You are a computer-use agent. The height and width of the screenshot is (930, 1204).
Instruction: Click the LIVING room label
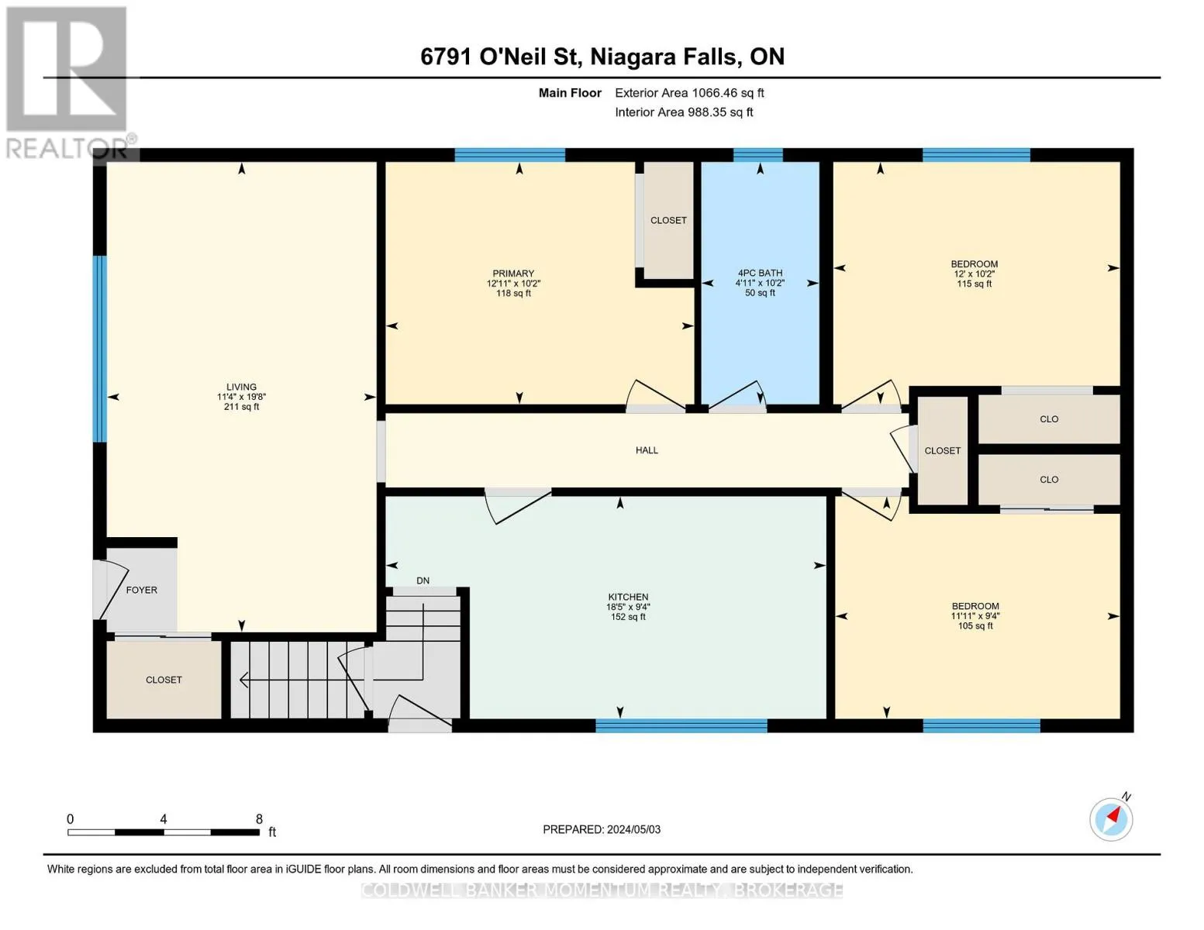pyautogui.click(x=241, y=387)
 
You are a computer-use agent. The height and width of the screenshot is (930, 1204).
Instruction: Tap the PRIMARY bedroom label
pyautogui.click(x=513, y=273)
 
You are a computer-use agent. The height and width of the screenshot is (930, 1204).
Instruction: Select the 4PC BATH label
pyautogui.click(x=760, y=273)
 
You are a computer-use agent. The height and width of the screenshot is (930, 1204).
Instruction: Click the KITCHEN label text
pyautogui.click(x=628, y=597)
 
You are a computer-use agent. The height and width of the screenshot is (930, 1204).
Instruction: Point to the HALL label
pyautogui.click(x=647, y=449)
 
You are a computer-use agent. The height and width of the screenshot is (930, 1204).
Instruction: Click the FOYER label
pyautogui.click(x=141, y=590)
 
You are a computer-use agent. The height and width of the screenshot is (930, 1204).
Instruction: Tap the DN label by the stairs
pyautogui.click(x=423, y=580)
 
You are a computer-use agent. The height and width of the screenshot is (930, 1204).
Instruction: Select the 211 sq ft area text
pyautogui.click(x=241, y=407)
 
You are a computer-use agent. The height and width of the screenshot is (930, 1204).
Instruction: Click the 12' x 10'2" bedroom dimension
pyautogui.click(x=974, y=274)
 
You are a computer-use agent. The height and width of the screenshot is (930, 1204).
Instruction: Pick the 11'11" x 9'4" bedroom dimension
pyautogui.click(x=975, y=615)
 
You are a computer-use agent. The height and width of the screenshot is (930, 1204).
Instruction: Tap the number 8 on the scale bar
pyautogui.click(x=259, y=818)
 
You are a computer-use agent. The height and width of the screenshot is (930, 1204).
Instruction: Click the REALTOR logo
pyautogui.click(x=67, y=82)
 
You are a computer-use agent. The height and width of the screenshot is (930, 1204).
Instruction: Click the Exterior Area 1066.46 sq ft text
pyautogui.click(x=689, y=92)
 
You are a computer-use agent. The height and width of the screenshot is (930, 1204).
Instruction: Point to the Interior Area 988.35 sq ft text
pyautogui.click(x=684, y=112)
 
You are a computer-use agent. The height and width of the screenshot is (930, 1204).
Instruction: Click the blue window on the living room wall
pyautogui.click(x=100, y=349)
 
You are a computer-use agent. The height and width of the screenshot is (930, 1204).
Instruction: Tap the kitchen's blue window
pyautogui.click(x=681, y=725)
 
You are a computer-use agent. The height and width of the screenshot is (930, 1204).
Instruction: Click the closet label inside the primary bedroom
pyautogui.click(x=668, y=220)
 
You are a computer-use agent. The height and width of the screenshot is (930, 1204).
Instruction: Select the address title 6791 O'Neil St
pyautogui.click(x=500, y=57)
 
